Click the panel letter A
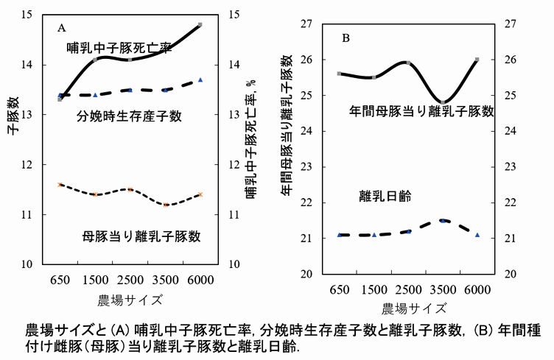click(x=63, y=28)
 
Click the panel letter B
click(x=346, y=38)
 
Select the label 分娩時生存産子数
click(x=130, y=116)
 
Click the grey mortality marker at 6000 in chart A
click(x=200, y=25)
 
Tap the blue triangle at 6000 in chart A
click(x=200, y=80)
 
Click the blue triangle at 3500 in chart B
click(x=443, y=221)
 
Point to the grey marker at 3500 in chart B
click(x=443, y=102)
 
